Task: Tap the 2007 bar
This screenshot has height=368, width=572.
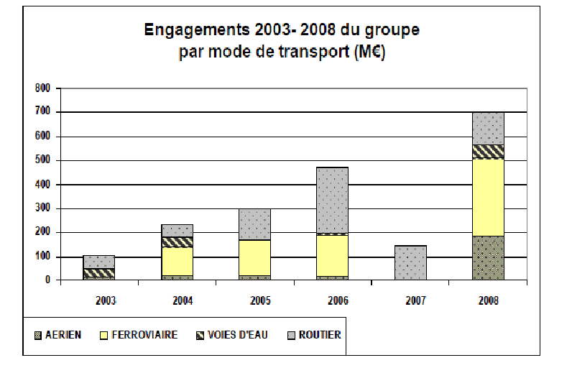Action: coord(410,262)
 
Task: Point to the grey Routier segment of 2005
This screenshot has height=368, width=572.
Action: coord(254,224)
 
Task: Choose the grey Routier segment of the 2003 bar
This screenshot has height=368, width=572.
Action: coord(99,262)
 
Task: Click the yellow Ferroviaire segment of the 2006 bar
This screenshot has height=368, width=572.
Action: coord(332,255)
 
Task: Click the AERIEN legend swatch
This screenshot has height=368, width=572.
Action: coord(37,335)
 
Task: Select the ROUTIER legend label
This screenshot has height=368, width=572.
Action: coord(321,335)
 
